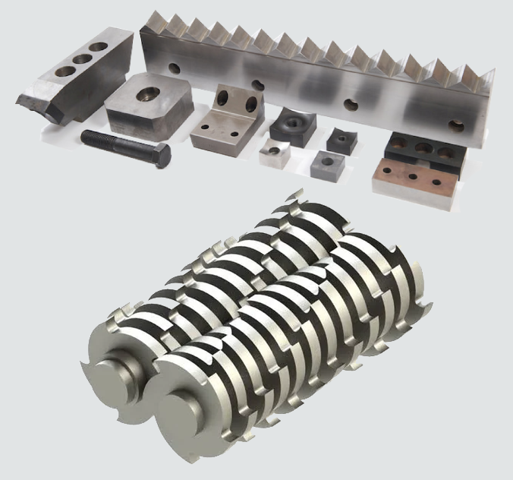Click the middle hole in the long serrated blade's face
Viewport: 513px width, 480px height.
click(x=350, y=105)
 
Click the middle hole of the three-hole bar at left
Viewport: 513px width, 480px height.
click(x=80, y=59)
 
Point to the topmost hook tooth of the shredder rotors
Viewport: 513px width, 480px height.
click(x=291, y=200)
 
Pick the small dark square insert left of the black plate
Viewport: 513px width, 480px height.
click(x=338, y=140)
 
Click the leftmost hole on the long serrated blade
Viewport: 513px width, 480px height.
click(x=175, y=68)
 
